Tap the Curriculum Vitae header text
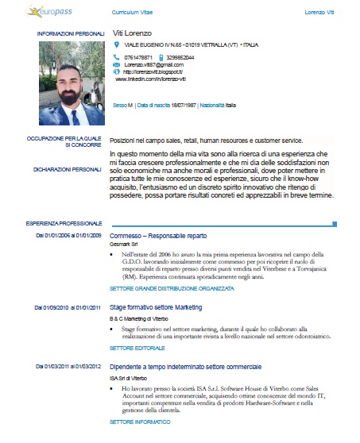click(x=133, y=13)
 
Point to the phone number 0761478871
click(x=139, y=58)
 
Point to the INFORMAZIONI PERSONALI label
click(x=70, y=34)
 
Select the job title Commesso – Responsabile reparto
click(x=157, y=236)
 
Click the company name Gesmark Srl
click(x=124, y=244)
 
